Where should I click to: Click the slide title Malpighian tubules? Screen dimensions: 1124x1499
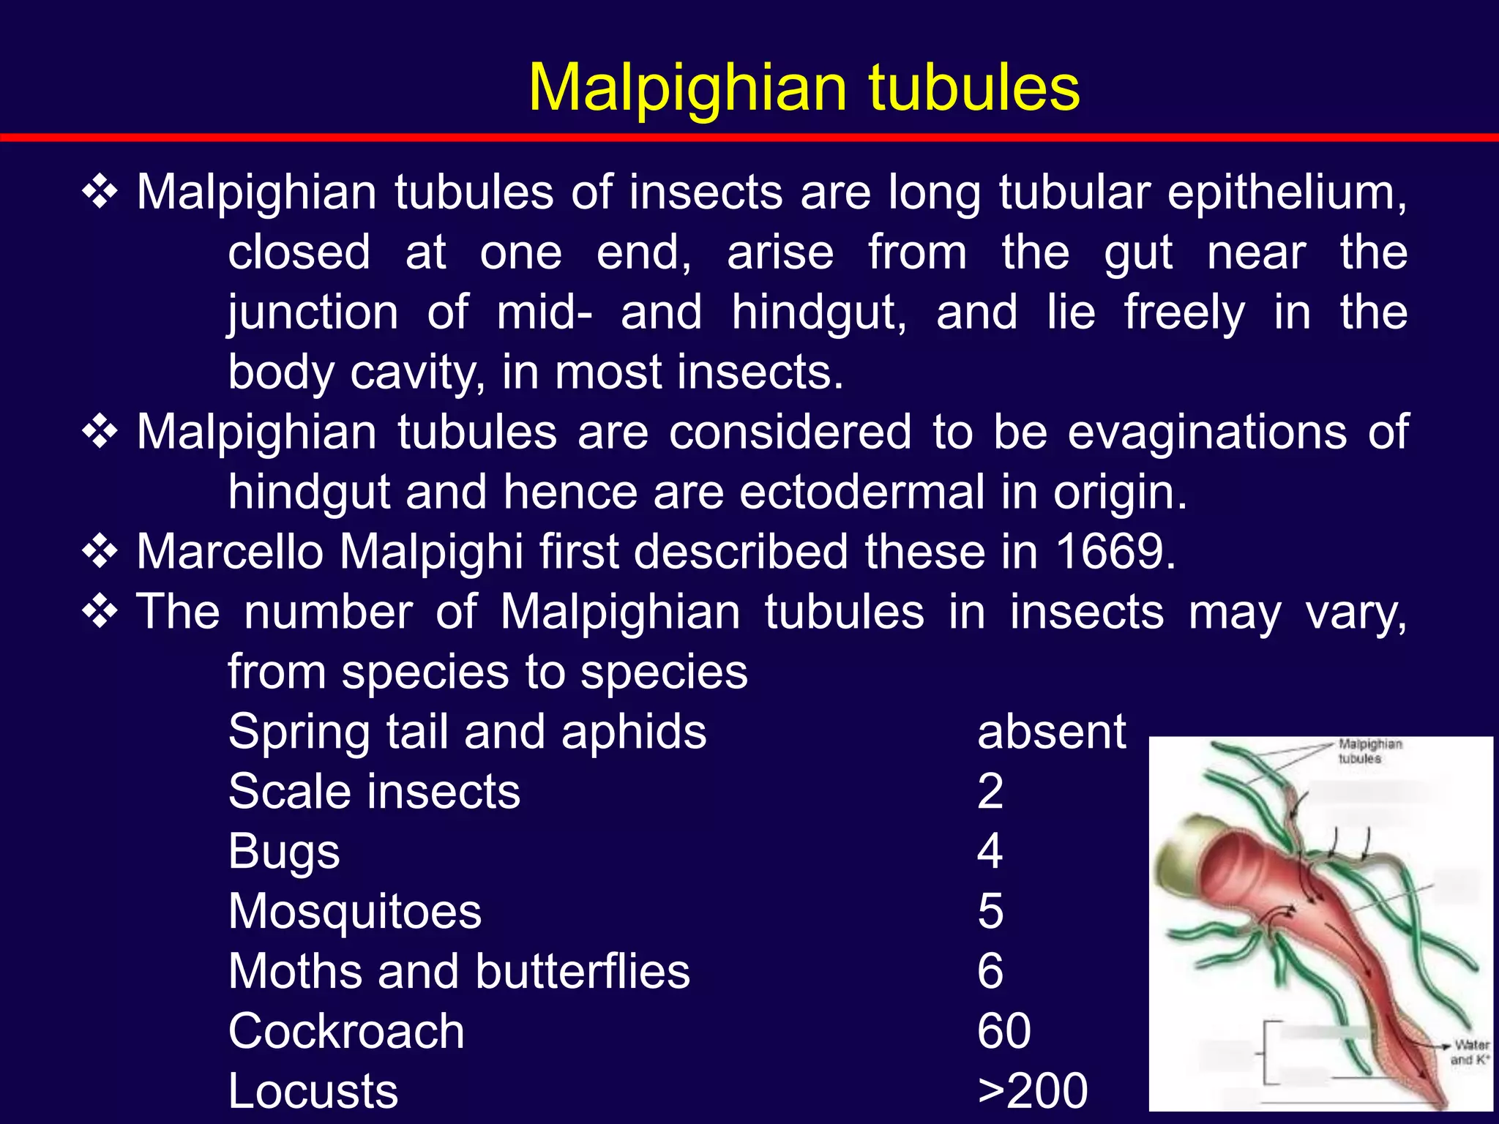click(x=804, y=88)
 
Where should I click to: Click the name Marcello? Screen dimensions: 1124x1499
click(x=230, y=552)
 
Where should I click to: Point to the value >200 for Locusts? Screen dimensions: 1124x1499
click(x=1033, y=1090)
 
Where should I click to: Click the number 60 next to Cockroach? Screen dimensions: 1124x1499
click(x=1003, y=1031)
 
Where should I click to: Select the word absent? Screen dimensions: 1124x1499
click(x=1051, y=732)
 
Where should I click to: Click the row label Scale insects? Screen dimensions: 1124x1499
click(x=374, y=792)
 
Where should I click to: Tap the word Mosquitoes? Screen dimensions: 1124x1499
click(x=355, y=912)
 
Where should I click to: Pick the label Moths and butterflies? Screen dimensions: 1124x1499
click(x=459, y=972)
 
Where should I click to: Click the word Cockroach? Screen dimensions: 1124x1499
click(x=346, y=1031)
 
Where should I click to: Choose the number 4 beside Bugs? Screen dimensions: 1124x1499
click(x=990, y=852)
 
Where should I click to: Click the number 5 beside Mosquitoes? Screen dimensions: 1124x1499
click(x=990, y=912)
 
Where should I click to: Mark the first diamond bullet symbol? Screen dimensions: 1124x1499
click(x=100, y=193)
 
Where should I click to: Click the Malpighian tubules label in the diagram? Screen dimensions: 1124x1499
click(x=1369, y=752)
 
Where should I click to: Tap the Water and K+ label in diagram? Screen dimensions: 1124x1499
click(x=1470, y=1052)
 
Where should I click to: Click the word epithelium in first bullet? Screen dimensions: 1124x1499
click(x=1286, y=193)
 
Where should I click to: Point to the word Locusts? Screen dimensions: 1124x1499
click(x=313, y=1091)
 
